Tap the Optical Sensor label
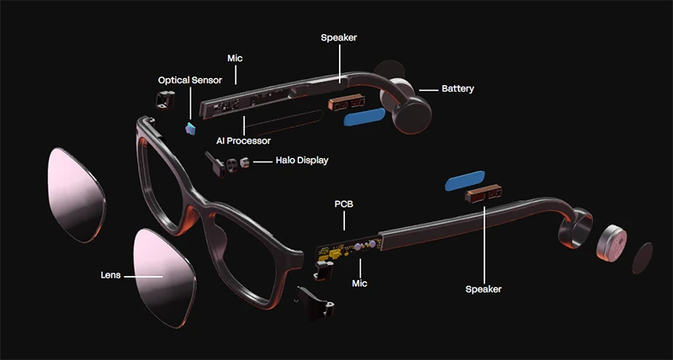[x=190, y=80]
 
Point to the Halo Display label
[x=301, y=161]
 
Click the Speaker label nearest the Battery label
[x=340, y=38]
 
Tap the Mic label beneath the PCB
[x=360, y=284]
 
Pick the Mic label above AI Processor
[x=236, y=59]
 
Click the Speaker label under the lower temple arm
[x=483, y=289]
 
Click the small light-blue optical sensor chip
[x=189, y=127]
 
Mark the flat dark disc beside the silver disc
[x=642, y=256]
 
